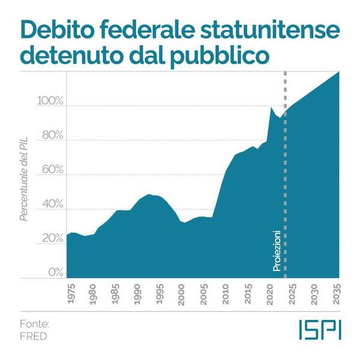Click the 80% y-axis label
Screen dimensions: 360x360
point(52,135)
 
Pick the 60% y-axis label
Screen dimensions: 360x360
point(52,169)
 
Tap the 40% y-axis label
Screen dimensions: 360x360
point(52,204)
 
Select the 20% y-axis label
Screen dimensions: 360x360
point(52,238)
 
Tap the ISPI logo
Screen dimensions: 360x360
point(319,329)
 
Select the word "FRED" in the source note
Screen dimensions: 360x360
point(33,336)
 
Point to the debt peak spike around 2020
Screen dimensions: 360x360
point(272,109)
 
